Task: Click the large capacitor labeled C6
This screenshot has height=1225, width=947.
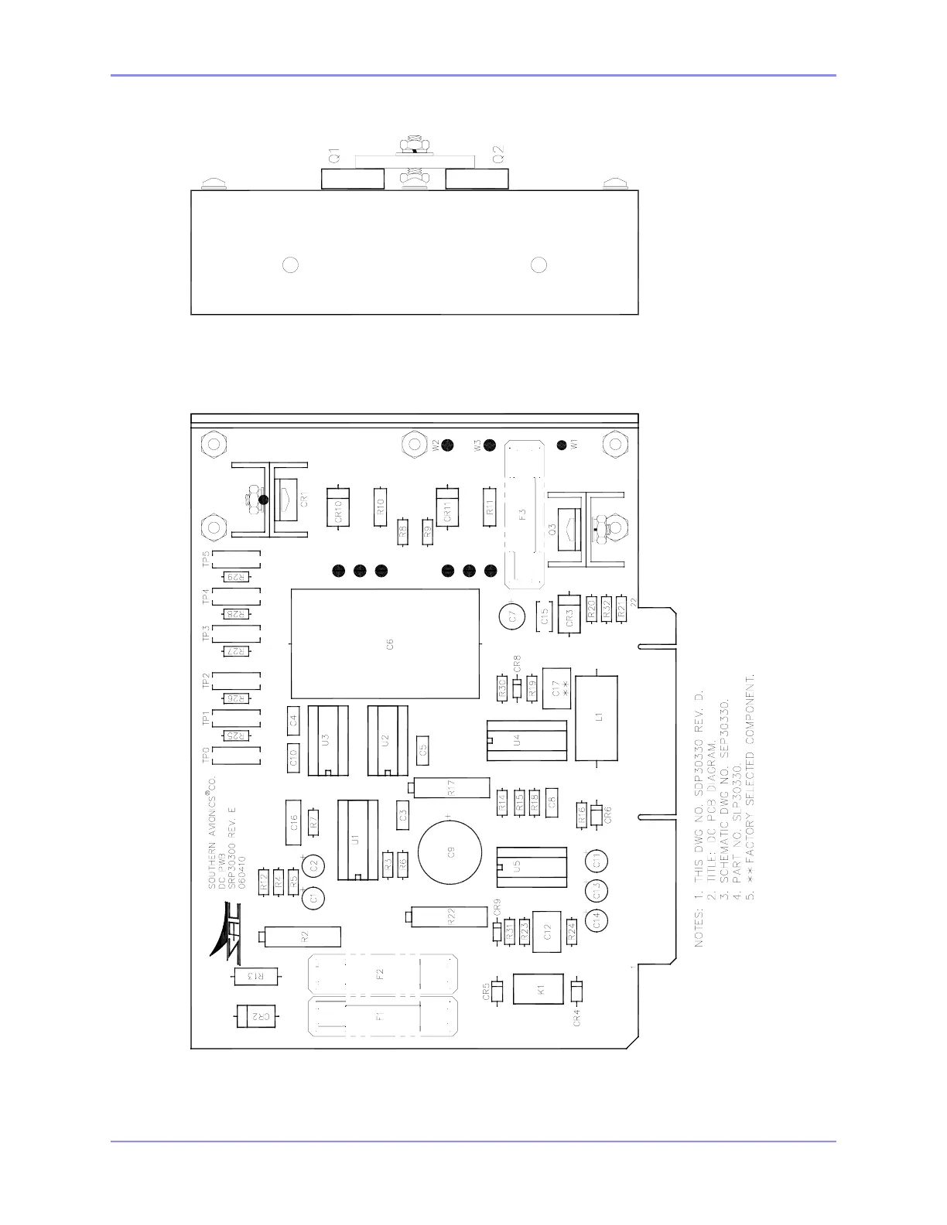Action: (385, 643)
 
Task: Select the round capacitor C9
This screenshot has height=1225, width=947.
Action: (450, 854)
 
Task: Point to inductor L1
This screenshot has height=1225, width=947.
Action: (597, 717)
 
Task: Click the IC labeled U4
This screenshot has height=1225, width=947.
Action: (526, 740)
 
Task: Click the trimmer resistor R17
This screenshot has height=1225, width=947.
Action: (451, 788)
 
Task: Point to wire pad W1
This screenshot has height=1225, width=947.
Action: (562, 445)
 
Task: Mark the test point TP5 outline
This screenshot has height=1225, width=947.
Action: (236, 558)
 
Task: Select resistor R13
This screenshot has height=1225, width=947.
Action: (256, 977)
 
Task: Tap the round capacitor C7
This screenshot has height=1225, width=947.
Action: (510, 616)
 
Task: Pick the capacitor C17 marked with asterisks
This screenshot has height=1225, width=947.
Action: (556, 688)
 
